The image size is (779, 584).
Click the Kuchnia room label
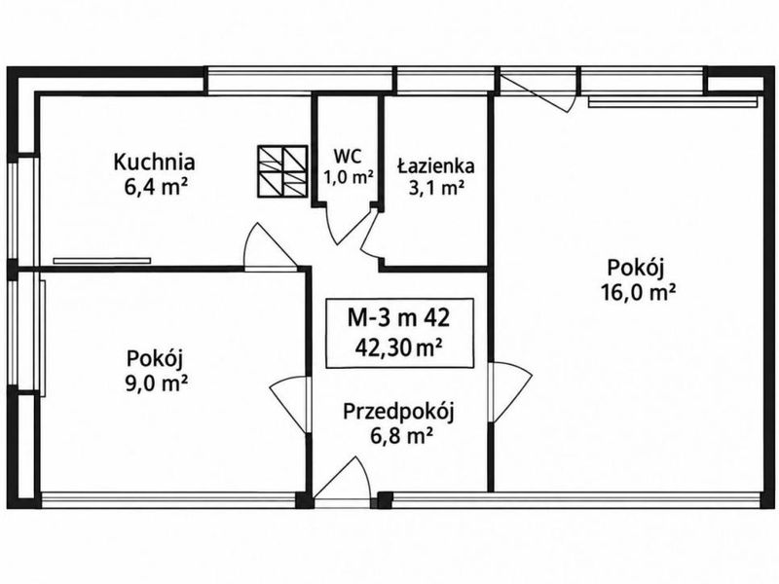[x=154, y=162]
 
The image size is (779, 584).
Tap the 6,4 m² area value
[x=156, y=187]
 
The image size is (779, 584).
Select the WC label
[x=348, y=157]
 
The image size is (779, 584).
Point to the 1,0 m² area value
[x=349, y=176]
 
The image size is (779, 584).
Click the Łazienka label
[x=435, y=165]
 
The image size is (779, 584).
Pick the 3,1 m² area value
[x=435, y=188]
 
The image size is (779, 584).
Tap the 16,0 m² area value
[x=638, y=292]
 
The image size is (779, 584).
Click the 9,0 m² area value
[x=156, y=383]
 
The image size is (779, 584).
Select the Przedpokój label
[x=399, y=412]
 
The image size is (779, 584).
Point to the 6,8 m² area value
[x=400, y=436]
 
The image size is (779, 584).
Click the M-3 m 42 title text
[x=398, y=318]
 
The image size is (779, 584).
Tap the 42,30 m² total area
[x=398, y=347]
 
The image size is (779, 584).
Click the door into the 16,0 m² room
[x=512, y=392]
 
